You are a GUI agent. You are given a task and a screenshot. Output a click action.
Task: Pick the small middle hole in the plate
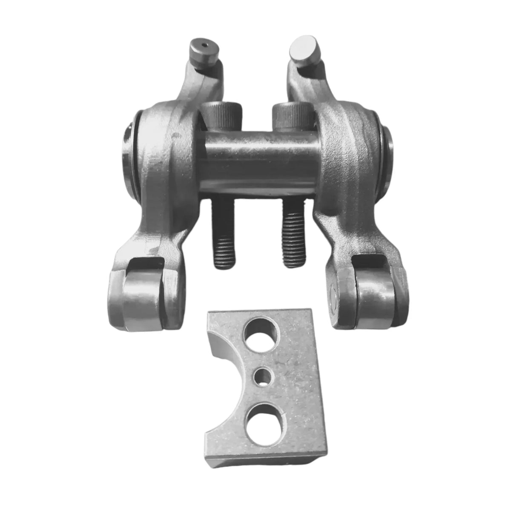tap(263, 376)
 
